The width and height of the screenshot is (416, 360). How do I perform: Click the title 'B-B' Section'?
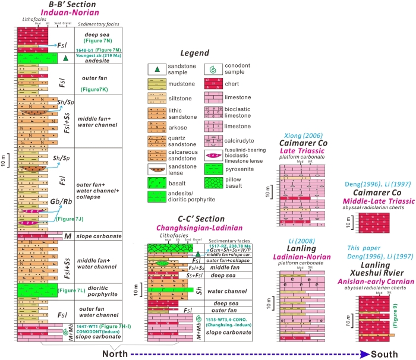pos(73,5)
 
